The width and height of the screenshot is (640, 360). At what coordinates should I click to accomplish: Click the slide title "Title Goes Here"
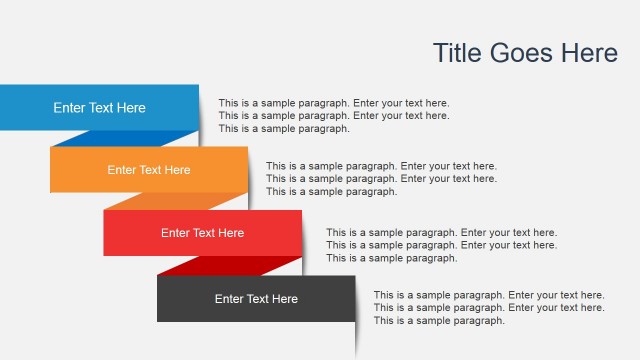click(525, 53)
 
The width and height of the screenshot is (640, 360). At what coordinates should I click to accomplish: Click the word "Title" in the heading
click(456, 53)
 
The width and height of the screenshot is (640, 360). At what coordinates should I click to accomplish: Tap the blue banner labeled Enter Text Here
click(99, 108)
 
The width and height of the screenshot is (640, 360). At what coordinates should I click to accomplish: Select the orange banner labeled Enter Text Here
click(149, 170)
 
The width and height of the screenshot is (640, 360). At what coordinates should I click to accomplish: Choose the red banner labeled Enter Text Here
click(202, 233)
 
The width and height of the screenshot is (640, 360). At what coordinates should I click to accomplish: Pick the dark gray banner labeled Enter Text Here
click(256, 299)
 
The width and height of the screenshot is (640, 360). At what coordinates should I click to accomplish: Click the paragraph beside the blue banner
click(334, 115)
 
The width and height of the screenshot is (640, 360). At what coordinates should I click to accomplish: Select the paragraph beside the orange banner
click(381, 178)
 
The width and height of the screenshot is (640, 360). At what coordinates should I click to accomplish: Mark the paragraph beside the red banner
click(441, 245)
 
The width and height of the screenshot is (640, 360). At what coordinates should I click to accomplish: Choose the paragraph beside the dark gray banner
click(489, 308)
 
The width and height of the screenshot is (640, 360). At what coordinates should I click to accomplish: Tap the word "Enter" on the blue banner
click(70, 108)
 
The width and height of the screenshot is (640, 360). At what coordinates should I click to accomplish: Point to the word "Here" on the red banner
click(230, 233)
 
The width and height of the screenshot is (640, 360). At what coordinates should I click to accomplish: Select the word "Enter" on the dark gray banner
click(229, 299)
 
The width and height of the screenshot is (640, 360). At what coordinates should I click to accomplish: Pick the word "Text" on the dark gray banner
click(258, 299)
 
